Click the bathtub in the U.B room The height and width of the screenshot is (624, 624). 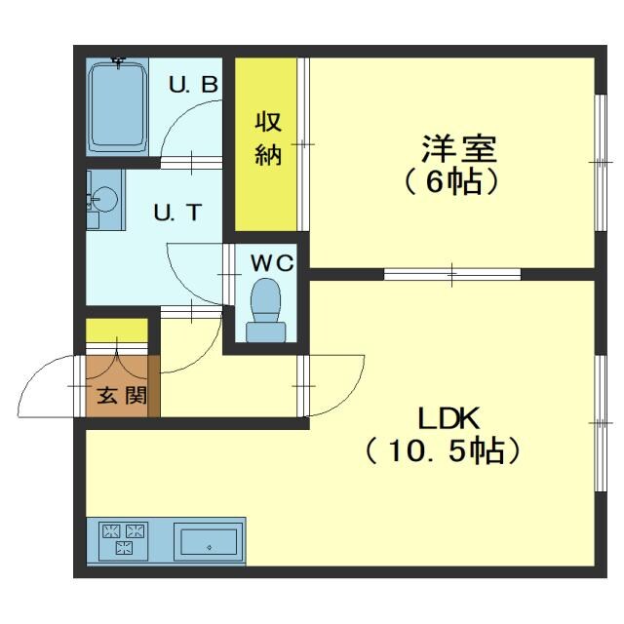coord(117,106)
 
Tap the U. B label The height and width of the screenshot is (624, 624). coord(193,85)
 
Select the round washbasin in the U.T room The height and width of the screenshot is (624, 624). coord(105,199)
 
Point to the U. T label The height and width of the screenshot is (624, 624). coord(177,213)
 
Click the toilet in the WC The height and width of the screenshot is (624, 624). coord(266,310)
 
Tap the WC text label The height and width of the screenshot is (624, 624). coord(272,263)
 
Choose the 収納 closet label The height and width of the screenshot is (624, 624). coord(268,137)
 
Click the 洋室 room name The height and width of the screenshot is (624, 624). coord(459,148)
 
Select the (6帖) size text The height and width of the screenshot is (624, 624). coord(451,182)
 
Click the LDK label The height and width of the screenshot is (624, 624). coord(448,418)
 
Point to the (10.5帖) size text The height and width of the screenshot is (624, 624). coord(443,451)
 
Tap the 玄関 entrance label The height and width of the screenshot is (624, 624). coord(122,395)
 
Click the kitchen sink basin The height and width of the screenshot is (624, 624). coord(209,541)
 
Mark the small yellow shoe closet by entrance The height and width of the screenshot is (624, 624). coord(117,331)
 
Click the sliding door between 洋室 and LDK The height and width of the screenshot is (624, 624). coord(452,274)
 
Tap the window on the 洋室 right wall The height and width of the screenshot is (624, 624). coord(601,163)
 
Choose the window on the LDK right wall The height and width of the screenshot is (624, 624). coord(601,423)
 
